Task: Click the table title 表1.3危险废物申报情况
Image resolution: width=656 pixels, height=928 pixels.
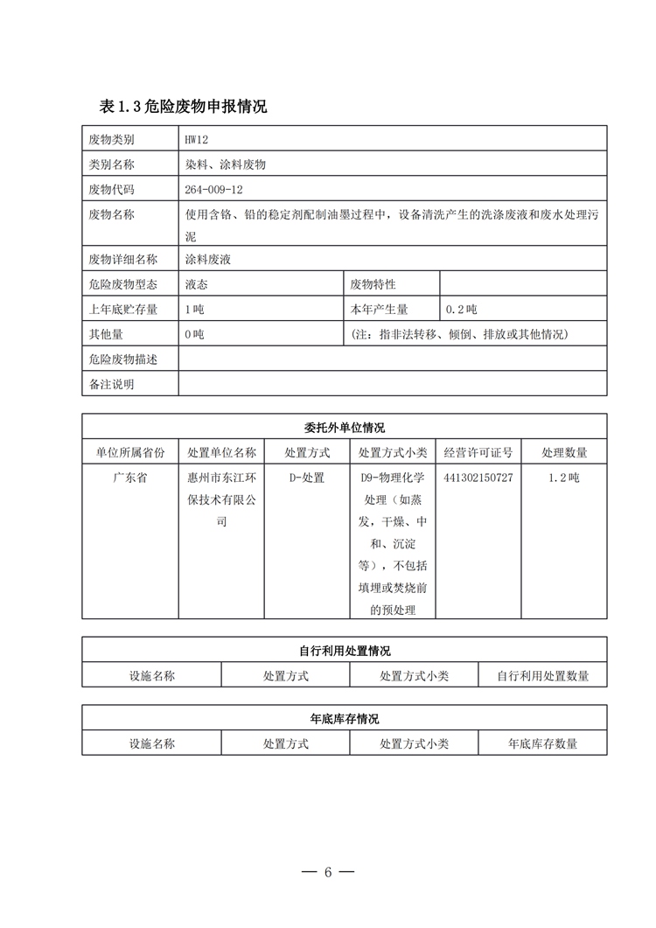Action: [183, 107]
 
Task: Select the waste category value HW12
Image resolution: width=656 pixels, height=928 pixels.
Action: [197, 140]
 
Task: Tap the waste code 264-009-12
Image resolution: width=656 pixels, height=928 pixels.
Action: [214, 189]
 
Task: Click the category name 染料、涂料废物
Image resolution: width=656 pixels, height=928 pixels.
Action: [225, 164]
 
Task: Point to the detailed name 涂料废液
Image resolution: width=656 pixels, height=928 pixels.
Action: [208, 259]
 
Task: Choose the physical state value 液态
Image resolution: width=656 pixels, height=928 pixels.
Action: [197, 284]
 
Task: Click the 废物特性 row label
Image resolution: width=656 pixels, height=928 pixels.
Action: [373, 284]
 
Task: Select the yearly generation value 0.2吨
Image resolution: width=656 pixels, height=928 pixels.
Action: [462, 310]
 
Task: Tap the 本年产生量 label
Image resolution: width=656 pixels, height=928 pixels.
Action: [379, 310]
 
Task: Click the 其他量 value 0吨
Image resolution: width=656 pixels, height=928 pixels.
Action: [194, 334]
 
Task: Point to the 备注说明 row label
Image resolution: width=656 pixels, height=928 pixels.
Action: [111, 383]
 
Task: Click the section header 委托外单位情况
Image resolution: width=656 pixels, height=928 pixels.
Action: [345, 428]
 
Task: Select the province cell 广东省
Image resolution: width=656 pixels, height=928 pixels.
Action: [129, 478]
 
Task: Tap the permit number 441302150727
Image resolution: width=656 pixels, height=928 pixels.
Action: [478, 478]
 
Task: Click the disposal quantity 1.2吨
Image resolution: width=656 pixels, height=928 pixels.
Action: [564, 478]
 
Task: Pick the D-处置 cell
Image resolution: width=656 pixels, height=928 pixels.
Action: [307, 478]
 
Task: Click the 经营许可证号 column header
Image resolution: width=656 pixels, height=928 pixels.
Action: [478, 452]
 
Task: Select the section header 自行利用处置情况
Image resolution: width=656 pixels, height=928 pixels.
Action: [345, 651]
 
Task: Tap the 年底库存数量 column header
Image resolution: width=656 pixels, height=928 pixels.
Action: [542, 743]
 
